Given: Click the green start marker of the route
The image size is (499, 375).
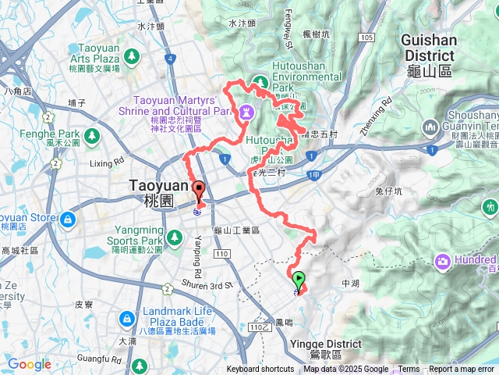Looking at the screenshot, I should [298, 280].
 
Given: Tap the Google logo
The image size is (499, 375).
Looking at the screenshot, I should [29, 364].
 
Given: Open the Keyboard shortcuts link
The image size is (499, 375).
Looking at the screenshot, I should [260, 370].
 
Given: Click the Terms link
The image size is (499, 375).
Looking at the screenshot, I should [409, 370].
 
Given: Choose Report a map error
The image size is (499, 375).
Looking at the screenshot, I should [462, 370].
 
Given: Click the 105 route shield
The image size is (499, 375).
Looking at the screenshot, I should [368, 37].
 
